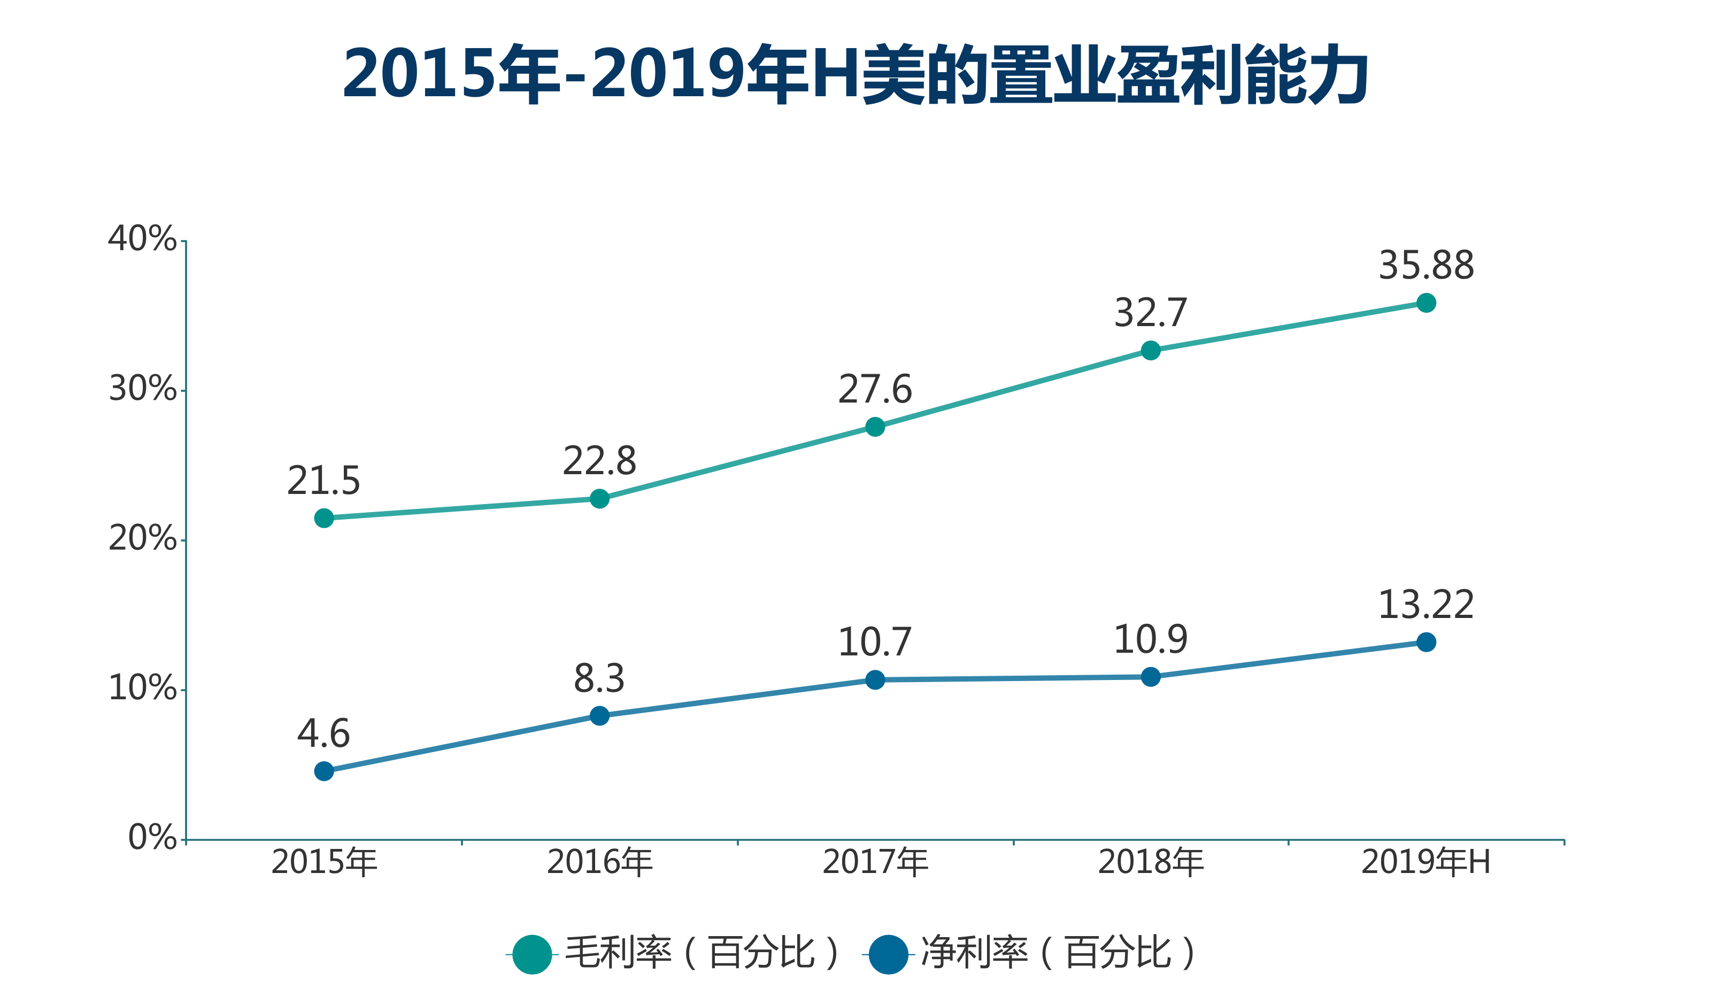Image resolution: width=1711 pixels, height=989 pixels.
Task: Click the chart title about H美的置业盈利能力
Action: pyautogui.click(x=855, y=75)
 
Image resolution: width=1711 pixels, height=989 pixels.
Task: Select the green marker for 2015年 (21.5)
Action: pyautogui.click(x=324, y=519)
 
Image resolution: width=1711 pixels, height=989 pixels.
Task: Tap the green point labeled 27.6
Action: pyautogui.click(x=875, y=427)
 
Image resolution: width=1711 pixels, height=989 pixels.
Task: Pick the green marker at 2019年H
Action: pyautogui.click(x=1426, y=303)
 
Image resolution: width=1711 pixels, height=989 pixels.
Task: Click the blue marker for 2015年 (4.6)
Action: pyautogui.click(x=324, y=771)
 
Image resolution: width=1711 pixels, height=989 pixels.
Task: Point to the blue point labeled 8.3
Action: pyautogui.click(x=599, y=715)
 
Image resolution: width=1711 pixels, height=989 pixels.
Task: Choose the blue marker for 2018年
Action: pyautogui.click(x=1151, y=677)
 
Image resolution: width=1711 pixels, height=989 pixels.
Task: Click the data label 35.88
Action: pyautogui.click(x=1426, y=265)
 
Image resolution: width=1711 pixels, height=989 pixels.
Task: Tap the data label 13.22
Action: pyautogui.click(x=1426, y=605)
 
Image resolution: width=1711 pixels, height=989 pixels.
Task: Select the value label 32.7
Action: pyautogui.click(x=1151, y=313)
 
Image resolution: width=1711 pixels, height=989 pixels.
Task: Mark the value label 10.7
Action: pyautogui.click(x=875, y=642)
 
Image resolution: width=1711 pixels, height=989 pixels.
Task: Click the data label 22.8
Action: pyautogui.click(x=599, y=461)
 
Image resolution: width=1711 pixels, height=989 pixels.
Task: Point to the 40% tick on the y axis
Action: pyautogui.click(x=143, y=239)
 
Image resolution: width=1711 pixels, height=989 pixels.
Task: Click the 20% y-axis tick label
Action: pyautogui.click(x=143, y=539)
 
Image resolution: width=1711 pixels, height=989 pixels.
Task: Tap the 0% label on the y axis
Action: pyautogui.click(x=152, y=838)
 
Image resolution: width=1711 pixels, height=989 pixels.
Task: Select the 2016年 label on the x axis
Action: pyautogui.click(x=599, y=863)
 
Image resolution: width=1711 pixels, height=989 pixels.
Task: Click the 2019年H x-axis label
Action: pyautogui.click(x=1426, y=863)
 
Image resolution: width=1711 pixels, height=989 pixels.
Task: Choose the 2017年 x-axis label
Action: pyautogui.click(x=875, y=863)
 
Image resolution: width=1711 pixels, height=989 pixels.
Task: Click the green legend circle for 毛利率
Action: pyautogui.click(x=533, y=954)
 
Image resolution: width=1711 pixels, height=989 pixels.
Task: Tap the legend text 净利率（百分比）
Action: pyautogui.click(x=1058, y=953)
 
